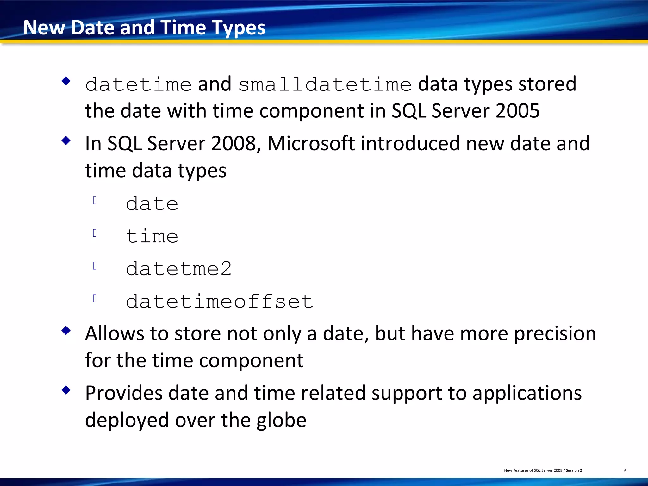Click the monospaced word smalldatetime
point(325,85)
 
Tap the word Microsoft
point(311,143)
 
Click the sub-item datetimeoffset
point(219,301)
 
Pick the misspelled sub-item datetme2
point(178,269)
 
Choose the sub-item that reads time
point(152,236)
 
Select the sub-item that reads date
point(152,203)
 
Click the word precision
point(555,333)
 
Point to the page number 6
point(625,471)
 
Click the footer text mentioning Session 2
point(543,470)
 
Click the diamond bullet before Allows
point(66,331)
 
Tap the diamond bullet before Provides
point(66,390)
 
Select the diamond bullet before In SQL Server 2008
point(66,140)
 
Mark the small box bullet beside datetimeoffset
point(95,298)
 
